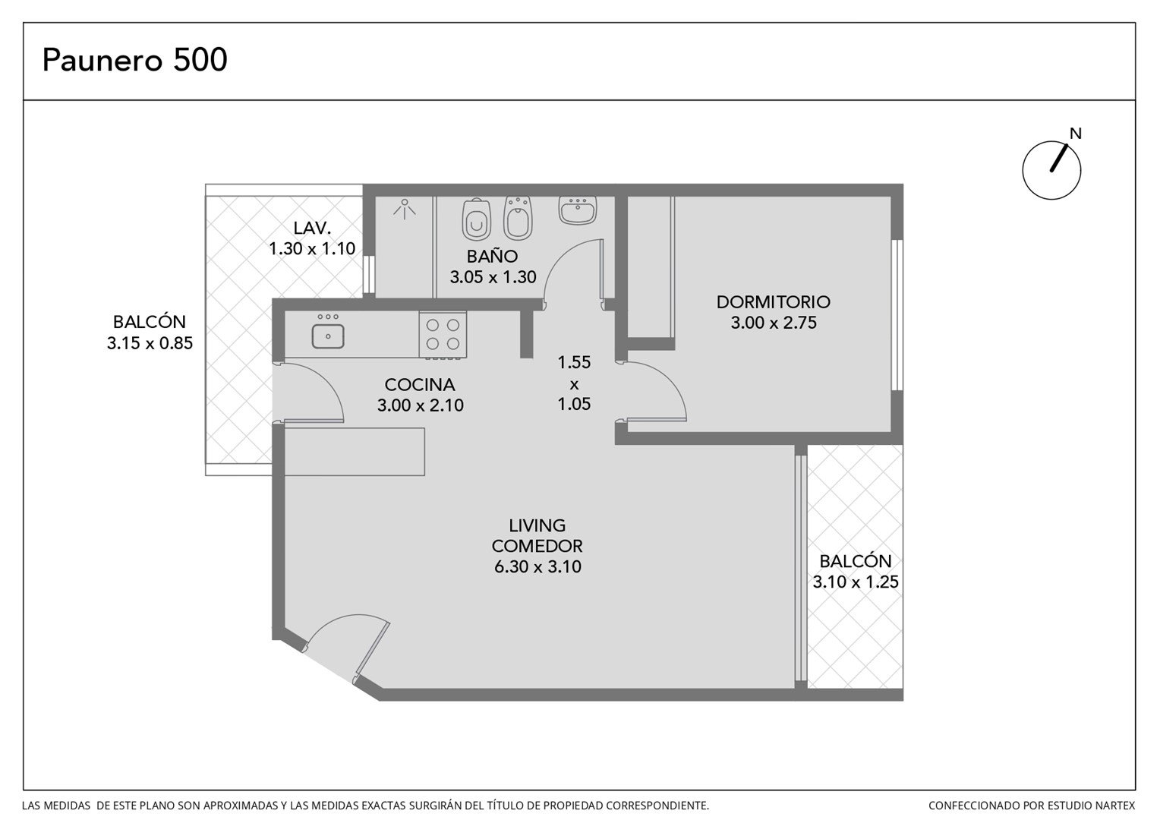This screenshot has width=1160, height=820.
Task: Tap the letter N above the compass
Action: [x=1076, y=134]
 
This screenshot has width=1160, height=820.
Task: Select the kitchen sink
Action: [x=328, y=336]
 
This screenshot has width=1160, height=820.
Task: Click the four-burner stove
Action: [x=443, y=335]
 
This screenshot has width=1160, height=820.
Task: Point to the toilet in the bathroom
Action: [x=477, y=219]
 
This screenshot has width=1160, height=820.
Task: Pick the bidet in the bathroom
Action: [x=518, y=219]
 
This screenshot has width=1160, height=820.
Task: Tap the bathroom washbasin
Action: [x=578, y=210]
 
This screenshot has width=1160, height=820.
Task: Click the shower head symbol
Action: [x=405, y=209]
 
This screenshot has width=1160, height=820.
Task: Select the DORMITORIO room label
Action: [x=773, y=302]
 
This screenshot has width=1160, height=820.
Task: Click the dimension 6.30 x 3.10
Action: [x=537, y=566]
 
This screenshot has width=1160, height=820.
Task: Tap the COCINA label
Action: [x=420, y=385]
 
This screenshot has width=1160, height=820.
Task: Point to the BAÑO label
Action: [x=492, y=256]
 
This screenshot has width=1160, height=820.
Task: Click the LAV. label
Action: [x=312, y=228]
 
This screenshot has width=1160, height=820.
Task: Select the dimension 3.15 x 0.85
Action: [x=150, y=343]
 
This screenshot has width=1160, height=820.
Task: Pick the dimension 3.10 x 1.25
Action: [x=856, y=582]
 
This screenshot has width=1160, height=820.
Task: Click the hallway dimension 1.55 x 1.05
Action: [x=574, y=383]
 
